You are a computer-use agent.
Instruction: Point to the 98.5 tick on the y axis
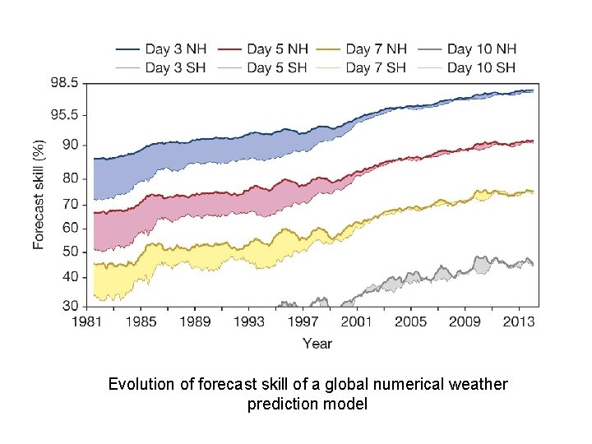[65, 83]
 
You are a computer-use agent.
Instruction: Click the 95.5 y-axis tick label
[65, 115]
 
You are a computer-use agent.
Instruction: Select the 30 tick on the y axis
[71, 306]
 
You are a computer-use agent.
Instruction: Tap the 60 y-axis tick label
[71, 228]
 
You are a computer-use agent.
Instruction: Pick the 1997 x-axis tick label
[303, 321]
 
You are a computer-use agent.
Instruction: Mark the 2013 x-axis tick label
[519, 321]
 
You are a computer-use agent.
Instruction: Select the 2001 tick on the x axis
[356, 321]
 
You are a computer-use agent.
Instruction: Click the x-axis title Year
[317, 343]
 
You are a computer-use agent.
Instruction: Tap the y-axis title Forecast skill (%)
[39, 193]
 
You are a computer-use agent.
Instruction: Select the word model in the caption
[348, 405]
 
